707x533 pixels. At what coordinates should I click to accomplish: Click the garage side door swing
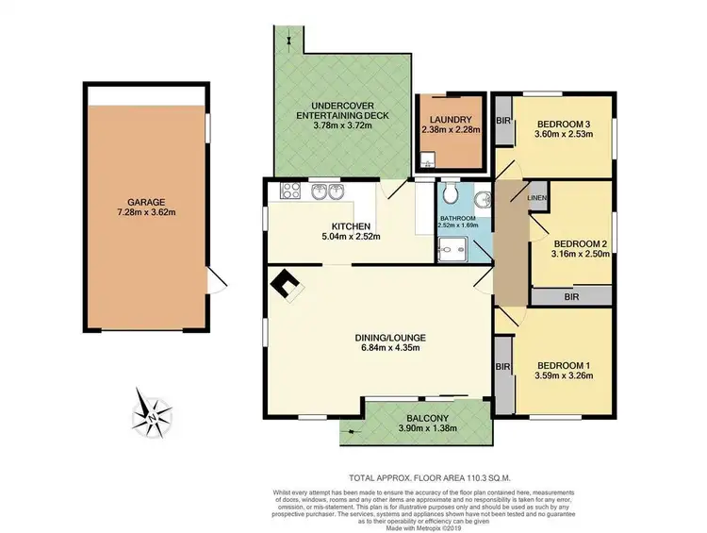[217, 279]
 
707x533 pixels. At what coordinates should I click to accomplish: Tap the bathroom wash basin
[483, 200]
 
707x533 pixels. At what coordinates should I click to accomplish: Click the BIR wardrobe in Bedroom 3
[502, 123]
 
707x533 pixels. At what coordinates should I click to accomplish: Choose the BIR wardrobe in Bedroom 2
[571, 296]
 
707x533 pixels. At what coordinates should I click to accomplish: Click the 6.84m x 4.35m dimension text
[380, 347]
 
